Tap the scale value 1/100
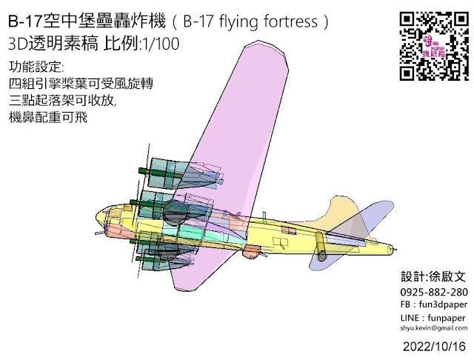coord(161,44)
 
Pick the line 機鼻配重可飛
coord(46,117)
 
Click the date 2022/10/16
coord(435,346)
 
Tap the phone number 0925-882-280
coord(433,293)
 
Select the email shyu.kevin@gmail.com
coord(433,327)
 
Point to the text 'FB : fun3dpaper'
coord(430,304)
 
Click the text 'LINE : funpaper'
coord(429,317)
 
